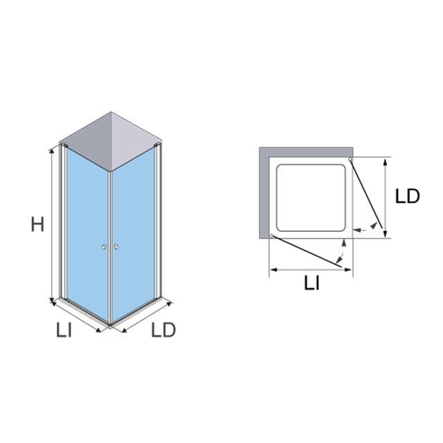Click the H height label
(37, 224)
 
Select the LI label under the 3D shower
(64, 329)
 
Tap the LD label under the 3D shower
(163, 329)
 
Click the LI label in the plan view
(312, 283)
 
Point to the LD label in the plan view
(408, 196)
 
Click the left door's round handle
(105, 247)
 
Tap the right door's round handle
(116, 246)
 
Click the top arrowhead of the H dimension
(52, 151)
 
